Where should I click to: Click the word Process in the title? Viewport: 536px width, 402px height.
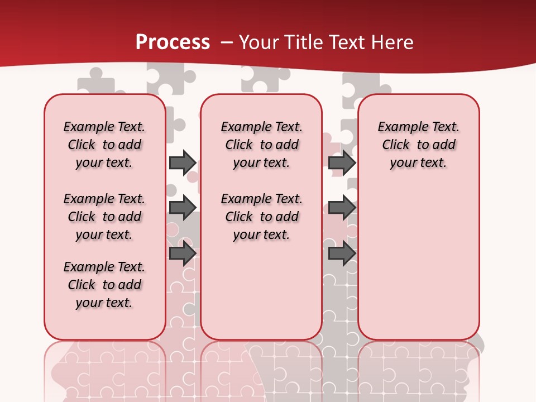pos(173,42)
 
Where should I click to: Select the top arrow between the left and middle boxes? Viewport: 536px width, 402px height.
pos(182,162)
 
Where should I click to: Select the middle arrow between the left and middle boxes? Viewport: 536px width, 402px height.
pos(182,208)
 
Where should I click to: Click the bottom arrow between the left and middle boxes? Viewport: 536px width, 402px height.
pos(182,254)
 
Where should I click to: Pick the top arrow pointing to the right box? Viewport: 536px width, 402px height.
pos(342,162)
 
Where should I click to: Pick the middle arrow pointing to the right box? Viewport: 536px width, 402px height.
pos(342,208)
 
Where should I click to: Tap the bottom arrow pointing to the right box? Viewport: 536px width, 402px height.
pos(342,254)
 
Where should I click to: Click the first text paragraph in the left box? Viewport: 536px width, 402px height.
pos(104,145)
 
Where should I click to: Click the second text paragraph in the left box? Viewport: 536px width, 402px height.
pos(104,217)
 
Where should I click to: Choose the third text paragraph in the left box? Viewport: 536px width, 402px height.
pos(104,285)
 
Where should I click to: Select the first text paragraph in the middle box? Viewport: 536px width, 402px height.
pos(261,145)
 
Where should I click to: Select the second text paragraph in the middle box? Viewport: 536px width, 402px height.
pos(261,217)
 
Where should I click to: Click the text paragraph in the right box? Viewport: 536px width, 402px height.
pos(418,145)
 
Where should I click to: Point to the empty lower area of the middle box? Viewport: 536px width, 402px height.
pos(261,290)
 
